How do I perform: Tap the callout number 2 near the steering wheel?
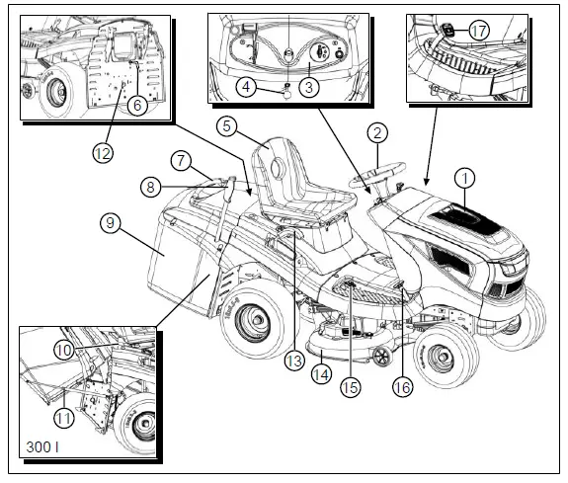pyautogui.click(x=378, y=132)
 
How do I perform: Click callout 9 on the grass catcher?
pyautogui.click(x=110, y=224)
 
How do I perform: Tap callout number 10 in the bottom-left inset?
pyautogui.click(x=63, y=352)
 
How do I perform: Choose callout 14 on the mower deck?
pyautogui.click(x=322, y=373)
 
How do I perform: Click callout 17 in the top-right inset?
pyautogui.click(x=479, y=31)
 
